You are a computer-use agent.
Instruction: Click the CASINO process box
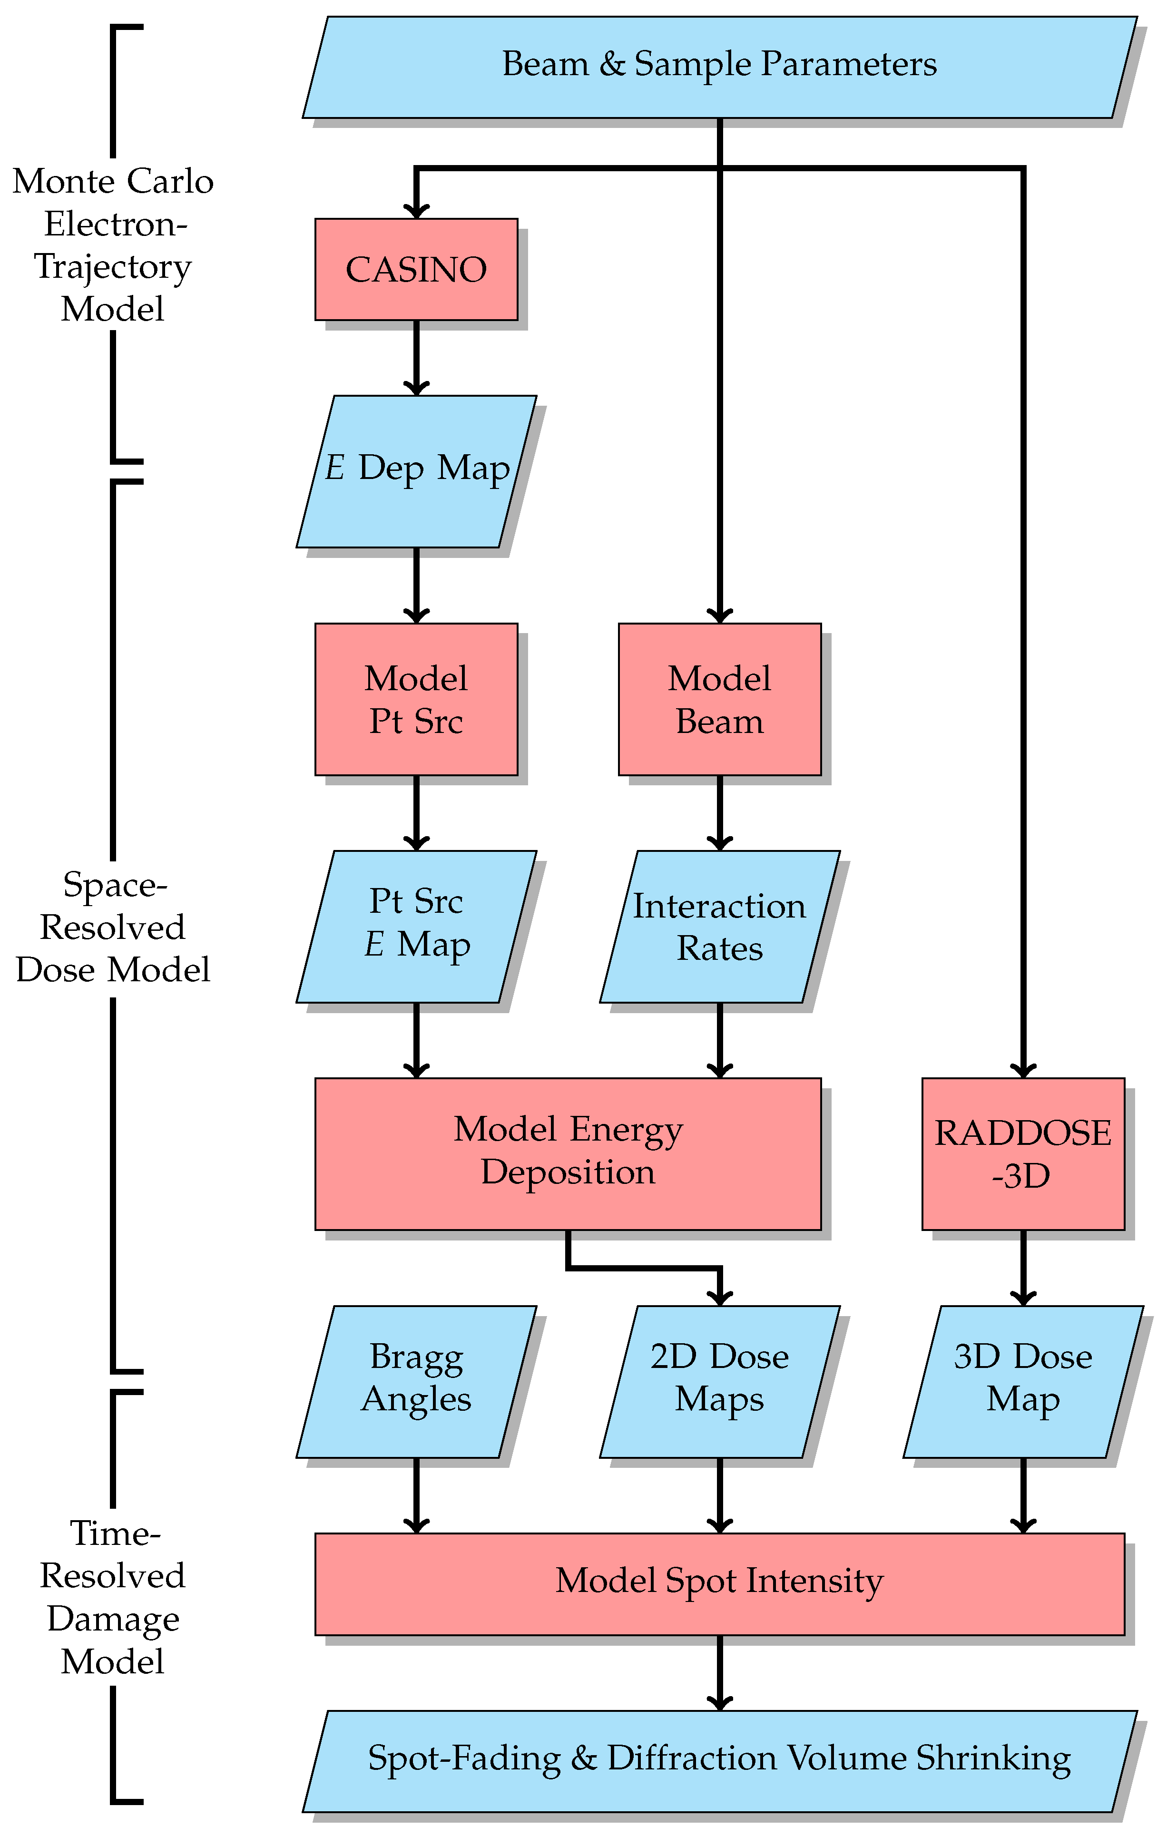[x=416, y=269]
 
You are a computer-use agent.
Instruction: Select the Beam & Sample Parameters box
[x=719, y=67]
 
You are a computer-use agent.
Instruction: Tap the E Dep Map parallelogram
[x=416, y=471]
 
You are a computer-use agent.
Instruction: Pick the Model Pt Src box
[x=416, y=699]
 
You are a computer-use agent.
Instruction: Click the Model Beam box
[x=719, y=699]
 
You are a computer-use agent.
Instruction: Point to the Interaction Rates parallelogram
[x=719, y=927]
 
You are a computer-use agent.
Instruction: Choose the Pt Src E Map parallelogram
[x=416, y=927]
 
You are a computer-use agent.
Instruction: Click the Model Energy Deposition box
[x=568, y=1153]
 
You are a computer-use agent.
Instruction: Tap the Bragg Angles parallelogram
[x=416, y=1382]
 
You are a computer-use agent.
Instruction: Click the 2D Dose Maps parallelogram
[x=719, y=1382]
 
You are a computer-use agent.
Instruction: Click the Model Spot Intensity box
[x=719, y=1583]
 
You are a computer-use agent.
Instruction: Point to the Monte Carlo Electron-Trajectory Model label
[x=113, y=245]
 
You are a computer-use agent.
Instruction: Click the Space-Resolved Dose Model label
[x=113, y=927]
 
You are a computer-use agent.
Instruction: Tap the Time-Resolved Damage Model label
[x=113, y=1597]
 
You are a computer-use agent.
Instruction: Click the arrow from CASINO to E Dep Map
[x=416, y=358]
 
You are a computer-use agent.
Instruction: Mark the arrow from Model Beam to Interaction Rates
[x=719, y=813]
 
